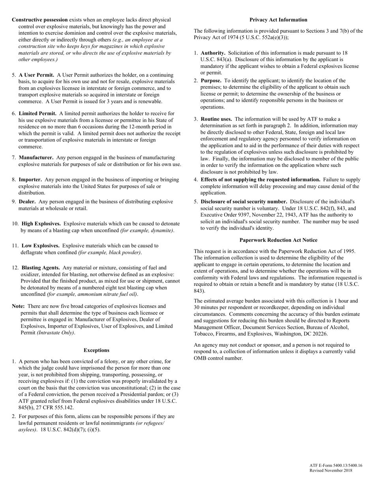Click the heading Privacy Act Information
(x=278, y=20)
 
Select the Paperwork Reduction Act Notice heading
(x=278, y=240)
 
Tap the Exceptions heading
(x=96, y=350)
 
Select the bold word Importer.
(x=30, y=179)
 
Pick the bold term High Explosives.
(x=41, y=224)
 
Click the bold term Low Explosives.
(x=41, y=246)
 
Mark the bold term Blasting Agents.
(x=41, y=268)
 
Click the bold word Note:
(x=18, y=306)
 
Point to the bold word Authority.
(x=213, y=53)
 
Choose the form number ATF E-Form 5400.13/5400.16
(x=336, y=466)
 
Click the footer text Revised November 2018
(x=331, y=471)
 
